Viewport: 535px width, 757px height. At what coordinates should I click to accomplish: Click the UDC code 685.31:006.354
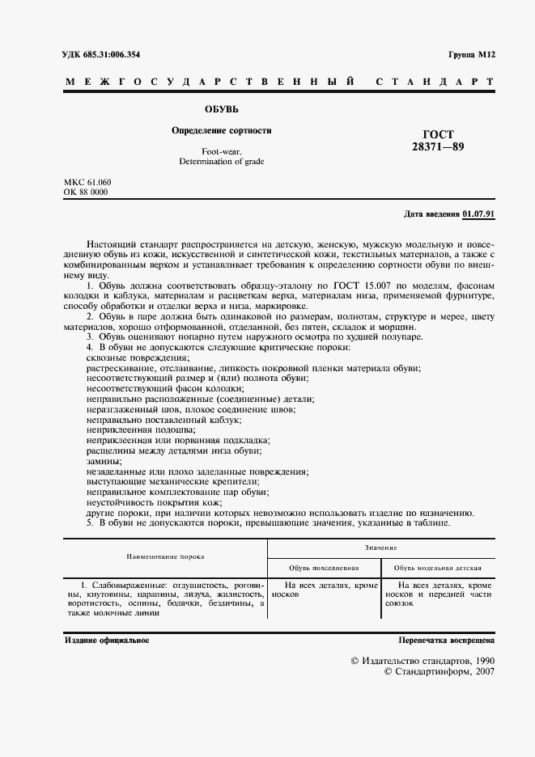click(x=117, y=55)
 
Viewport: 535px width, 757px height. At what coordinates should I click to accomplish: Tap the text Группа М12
click(x=471, y=55)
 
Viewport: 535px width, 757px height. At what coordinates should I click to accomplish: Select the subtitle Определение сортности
click(x=221, y=130)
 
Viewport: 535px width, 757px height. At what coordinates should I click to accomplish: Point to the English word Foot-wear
click(x=221, y=151)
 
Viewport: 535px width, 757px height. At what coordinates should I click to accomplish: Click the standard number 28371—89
click(x=439, y=147)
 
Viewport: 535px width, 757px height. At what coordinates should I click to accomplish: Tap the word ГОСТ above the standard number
click(x=439, y=134)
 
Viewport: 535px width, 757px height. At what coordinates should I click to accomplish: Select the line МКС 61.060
click(x=87, y=182)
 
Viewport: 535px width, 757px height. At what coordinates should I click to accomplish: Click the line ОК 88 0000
click(x=85, y=192)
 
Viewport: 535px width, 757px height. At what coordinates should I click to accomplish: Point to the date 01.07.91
click(x=478, y=214)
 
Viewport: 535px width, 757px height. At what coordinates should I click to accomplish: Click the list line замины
click(x=105, y=461)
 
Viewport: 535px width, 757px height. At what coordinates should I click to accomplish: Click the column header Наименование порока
click(x=164, y=556)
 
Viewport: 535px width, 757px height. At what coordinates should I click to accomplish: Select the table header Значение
click(x=380, y=548)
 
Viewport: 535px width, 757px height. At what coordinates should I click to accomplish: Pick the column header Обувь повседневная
click(x=323, y=568)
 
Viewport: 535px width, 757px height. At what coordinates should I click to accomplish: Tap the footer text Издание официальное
click(x=106, y=640)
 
